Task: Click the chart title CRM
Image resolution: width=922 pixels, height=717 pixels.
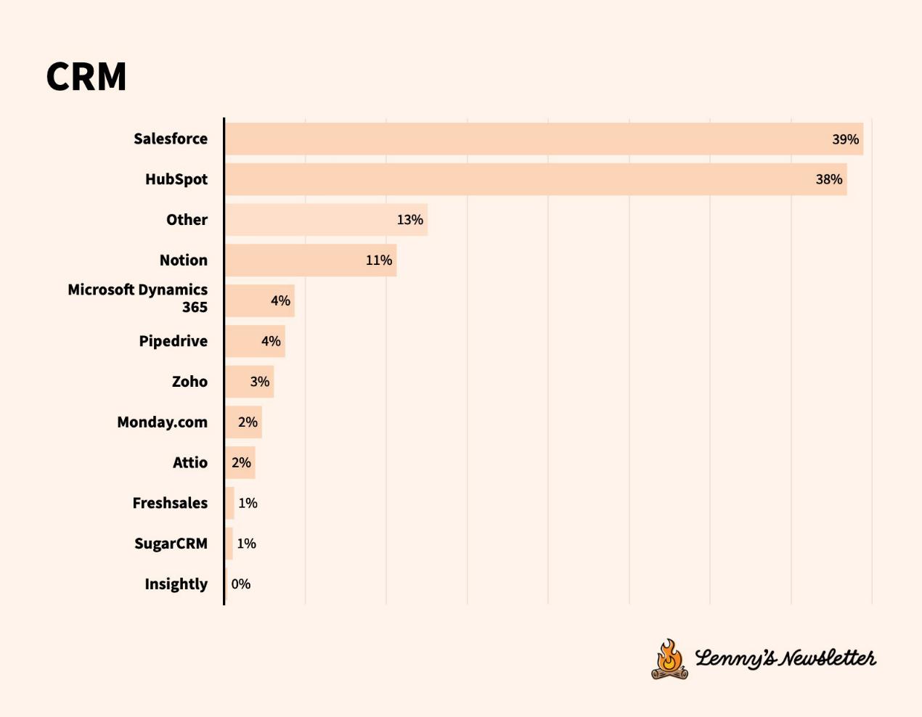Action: (86, 76)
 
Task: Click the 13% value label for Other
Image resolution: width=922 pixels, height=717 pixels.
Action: (409, 220)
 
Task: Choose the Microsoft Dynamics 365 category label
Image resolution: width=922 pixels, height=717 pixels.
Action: (138, 298)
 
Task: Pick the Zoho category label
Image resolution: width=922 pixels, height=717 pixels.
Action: (189, 382)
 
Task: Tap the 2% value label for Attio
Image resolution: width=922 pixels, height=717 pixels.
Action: (241, 462)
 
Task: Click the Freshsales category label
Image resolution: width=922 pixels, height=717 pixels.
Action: (170, 503)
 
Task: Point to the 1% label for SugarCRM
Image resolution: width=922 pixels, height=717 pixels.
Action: (246, 544)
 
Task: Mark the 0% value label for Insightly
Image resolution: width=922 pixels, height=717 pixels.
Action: (241, 584)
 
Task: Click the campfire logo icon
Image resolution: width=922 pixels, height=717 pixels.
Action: (669, 659)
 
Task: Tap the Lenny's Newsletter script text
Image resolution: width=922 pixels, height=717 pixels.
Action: (786, 658)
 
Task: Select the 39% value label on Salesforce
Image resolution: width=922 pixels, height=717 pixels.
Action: (845, 139)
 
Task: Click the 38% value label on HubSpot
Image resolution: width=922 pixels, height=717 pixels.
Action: (828, 179)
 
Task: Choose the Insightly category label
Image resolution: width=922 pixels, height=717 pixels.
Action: (176, 584)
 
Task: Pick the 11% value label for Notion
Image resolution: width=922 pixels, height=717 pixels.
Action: (378, 261)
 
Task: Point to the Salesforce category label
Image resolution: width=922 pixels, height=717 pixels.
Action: (171, 139)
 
